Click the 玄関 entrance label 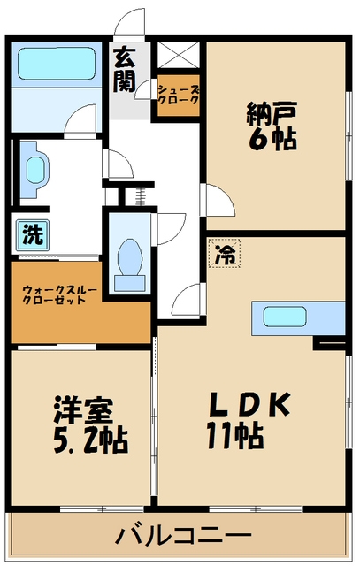[x=123, y=71]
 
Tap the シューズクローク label [x=178, y=95]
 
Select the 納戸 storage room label [x=272, y=113]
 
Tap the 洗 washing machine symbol [x=32, y=235]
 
